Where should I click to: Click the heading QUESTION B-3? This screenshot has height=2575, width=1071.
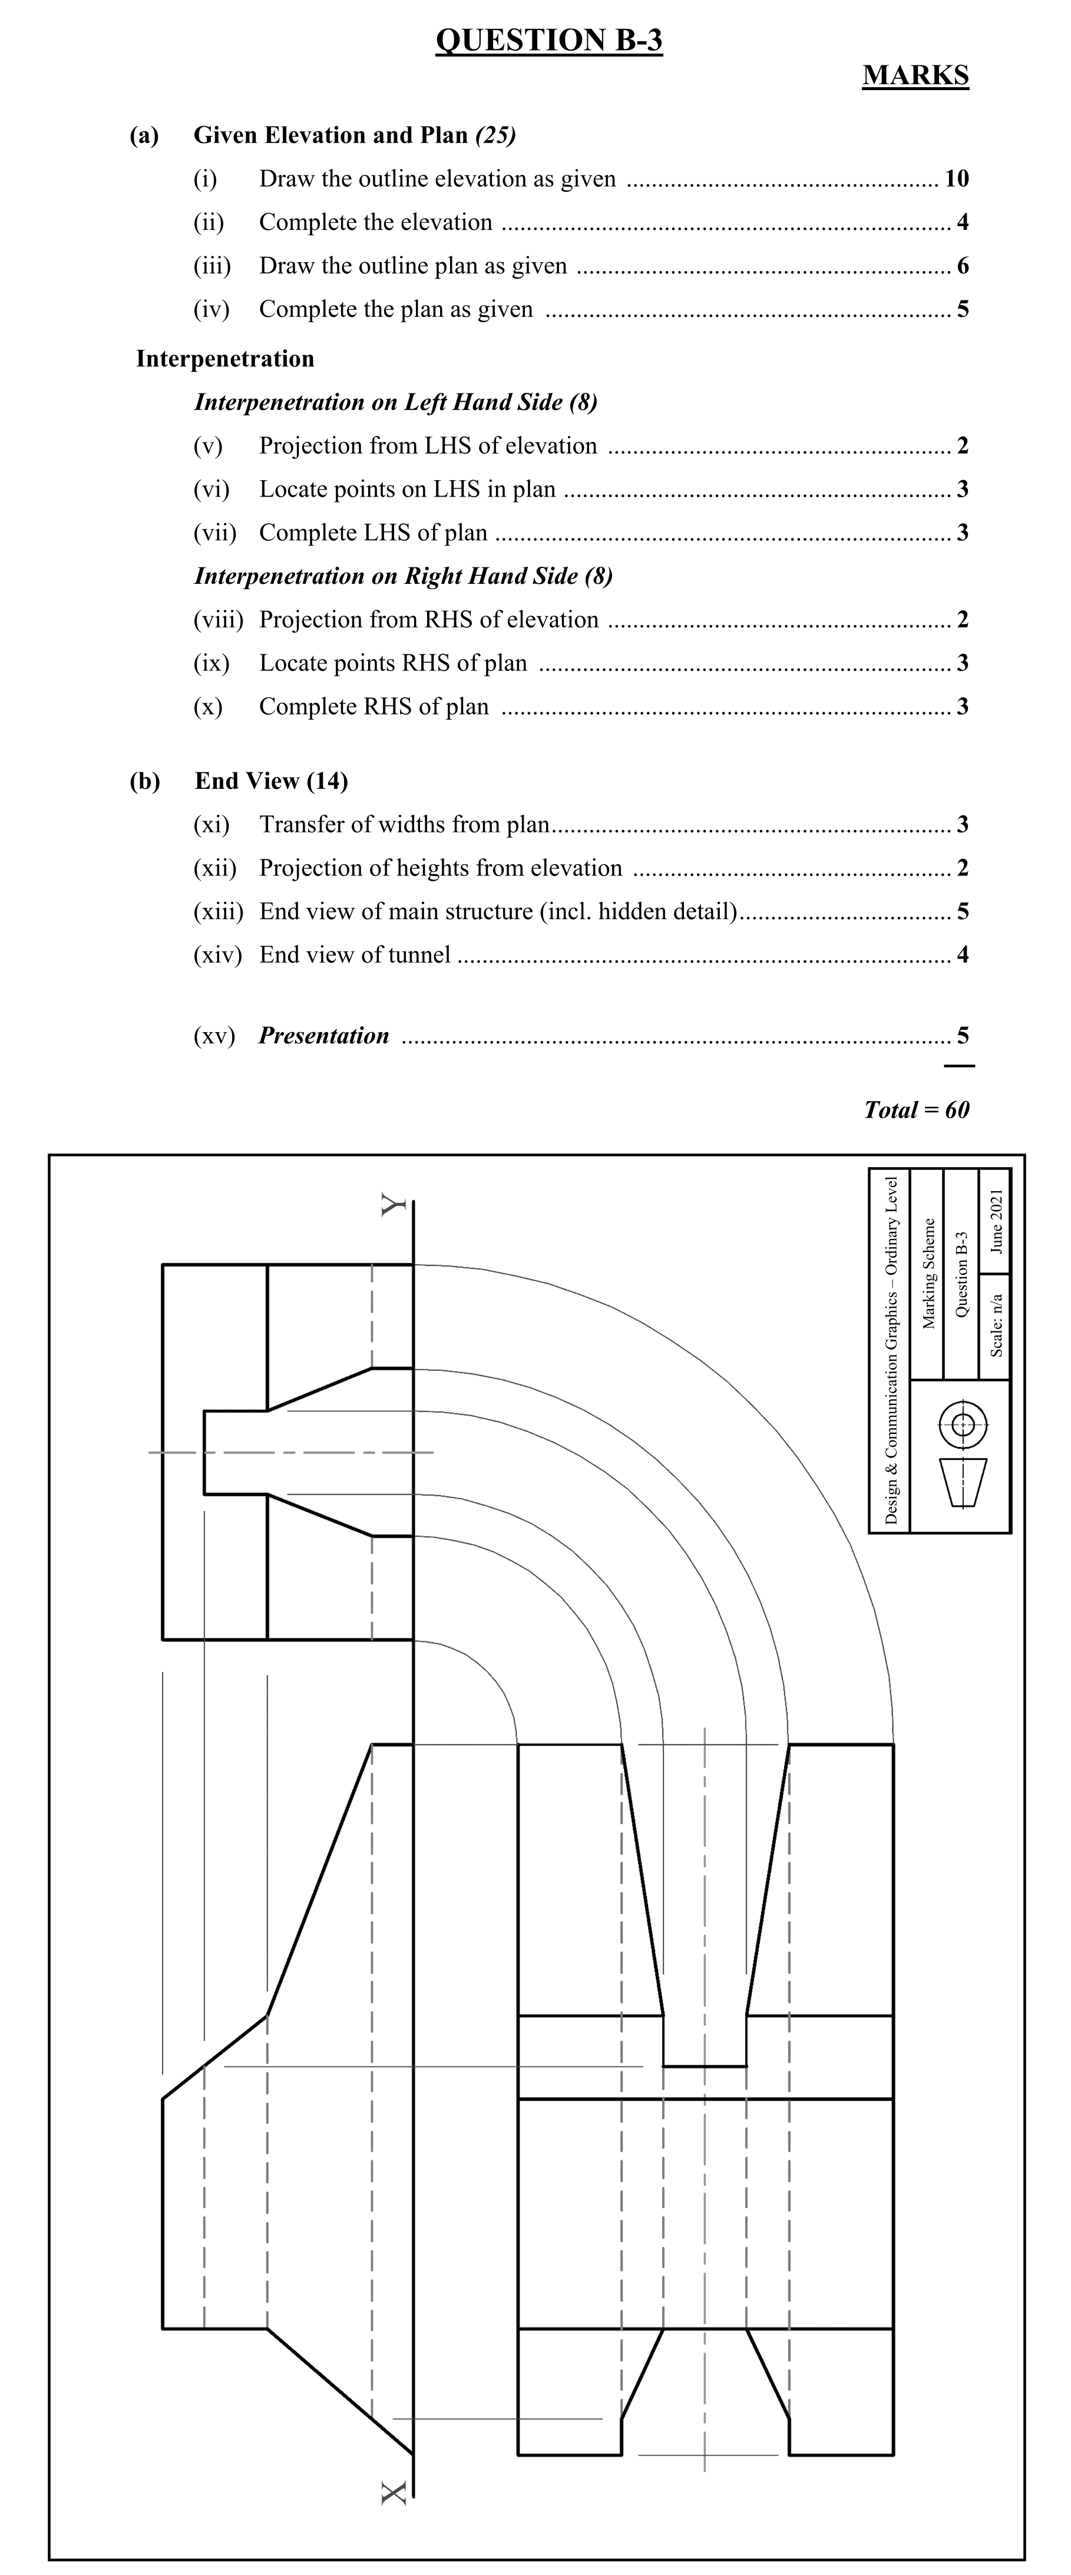tap(549, 40)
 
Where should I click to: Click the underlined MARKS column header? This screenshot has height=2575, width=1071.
tap(915, 76)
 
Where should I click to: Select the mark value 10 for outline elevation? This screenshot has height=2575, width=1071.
tap(956, 179)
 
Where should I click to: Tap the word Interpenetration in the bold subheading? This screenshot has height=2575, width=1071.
tap(225, 359)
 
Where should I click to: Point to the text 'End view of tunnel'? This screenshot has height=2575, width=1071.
tap(355, 954)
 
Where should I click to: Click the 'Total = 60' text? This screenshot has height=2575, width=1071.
tap(916, 1109)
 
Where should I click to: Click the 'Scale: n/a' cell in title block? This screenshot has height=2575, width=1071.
tap(996, 1324)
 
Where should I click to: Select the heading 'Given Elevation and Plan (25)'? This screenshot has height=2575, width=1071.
tap(355, 135)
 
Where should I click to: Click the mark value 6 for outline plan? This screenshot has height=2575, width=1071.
tap(962, 266)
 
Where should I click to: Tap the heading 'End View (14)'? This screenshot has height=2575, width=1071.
tap(271, 781)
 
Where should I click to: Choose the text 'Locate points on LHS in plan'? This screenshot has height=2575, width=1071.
tap(407, 489)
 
